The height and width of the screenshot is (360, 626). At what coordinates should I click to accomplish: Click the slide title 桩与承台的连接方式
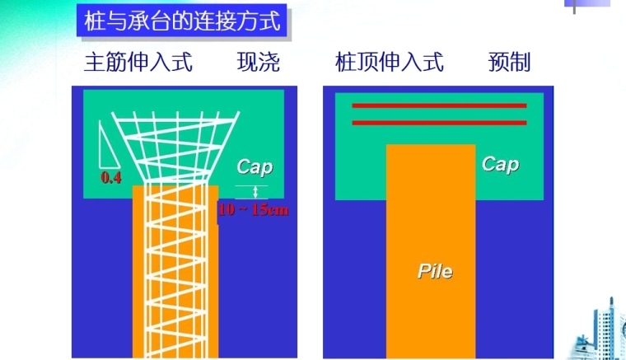pos(183,21)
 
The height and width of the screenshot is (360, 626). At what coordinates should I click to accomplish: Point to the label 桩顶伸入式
pos(390,63)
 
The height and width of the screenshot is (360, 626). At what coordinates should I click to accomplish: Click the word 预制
pos(508,63)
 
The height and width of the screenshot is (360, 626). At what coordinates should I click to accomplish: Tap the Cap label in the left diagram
pos(254,167)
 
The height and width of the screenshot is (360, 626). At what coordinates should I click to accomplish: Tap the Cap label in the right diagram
pos(500,164)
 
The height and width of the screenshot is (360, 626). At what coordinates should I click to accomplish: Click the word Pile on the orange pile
pos(434,271)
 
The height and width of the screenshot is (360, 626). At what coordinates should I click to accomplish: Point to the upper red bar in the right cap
pos(439,106)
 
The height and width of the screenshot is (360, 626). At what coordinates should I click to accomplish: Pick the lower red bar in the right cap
pos(439,123)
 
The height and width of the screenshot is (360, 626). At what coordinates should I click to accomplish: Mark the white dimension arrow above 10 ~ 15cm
pos(255,193)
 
